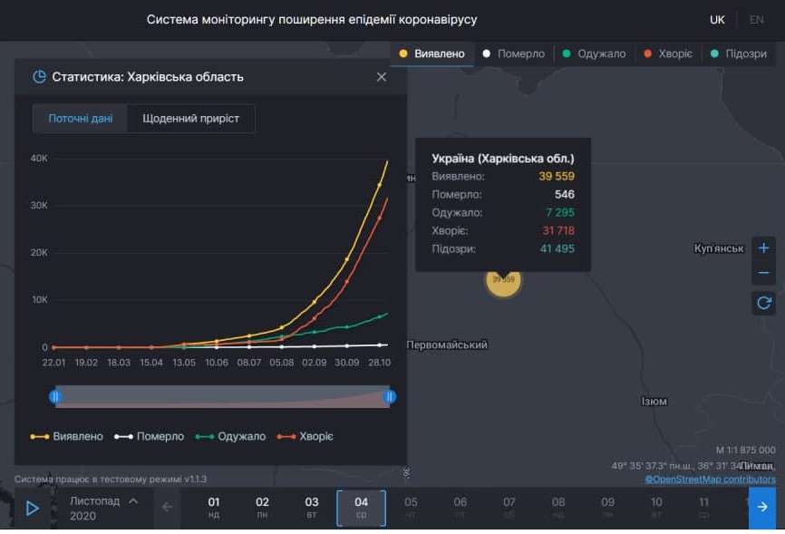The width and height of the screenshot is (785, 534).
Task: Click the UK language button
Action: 717,19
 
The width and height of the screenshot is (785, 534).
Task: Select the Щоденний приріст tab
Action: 190,119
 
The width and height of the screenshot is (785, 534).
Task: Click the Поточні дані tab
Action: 81,119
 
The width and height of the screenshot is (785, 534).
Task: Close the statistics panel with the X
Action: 382,77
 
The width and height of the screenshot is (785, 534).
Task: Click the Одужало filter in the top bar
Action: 594,53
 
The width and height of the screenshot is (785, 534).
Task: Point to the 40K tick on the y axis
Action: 39,159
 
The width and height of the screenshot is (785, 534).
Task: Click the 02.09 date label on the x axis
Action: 314,363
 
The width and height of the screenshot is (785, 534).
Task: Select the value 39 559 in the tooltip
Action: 557,176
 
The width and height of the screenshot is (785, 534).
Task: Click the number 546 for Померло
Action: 564,194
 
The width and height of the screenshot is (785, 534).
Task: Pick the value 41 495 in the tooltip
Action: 557,248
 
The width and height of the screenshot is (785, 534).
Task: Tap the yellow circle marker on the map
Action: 503,279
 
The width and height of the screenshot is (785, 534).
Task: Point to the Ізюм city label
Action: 654,401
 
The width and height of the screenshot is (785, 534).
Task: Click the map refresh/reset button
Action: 763,303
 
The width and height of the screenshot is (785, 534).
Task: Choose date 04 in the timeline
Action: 361,507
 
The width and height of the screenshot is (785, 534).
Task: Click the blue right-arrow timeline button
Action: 762,507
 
